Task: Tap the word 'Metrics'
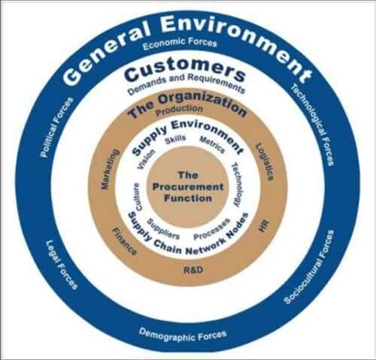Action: [x=212, y=143]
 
